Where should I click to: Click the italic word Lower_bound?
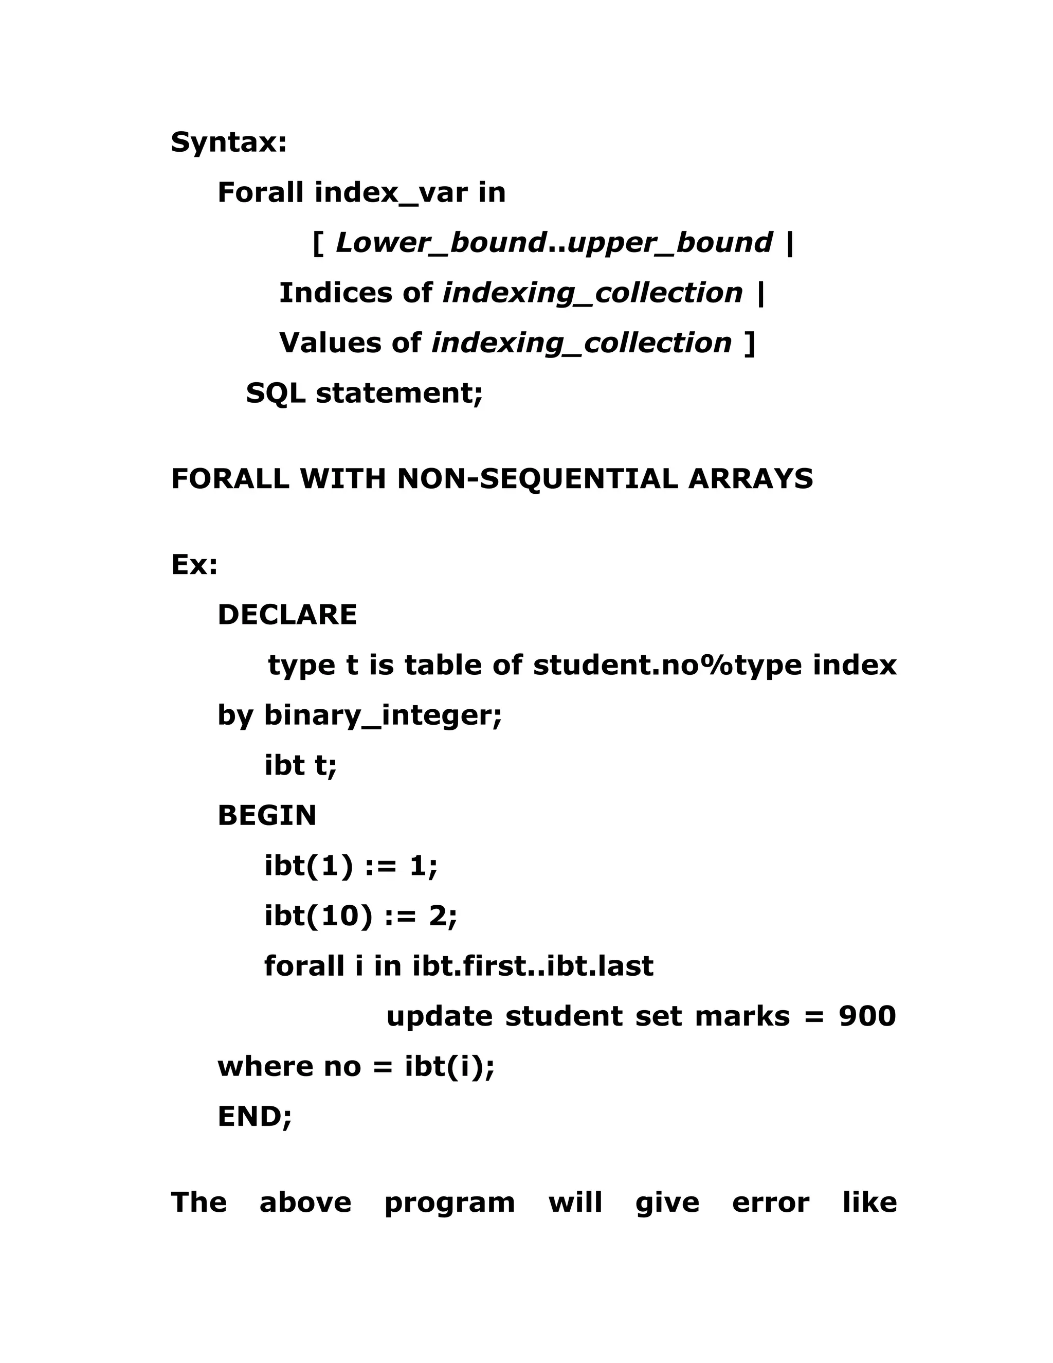[x=441, y=243]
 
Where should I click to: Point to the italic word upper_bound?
[x=669, y=243]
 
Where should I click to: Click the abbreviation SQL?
[x=275, y=393]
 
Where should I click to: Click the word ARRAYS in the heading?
[x=751, y=479]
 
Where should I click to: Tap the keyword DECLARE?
[x=287, y=615]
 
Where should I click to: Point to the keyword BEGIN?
[x=267, y=816]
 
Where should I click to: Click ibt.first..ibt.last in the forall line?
[x=533, y=966]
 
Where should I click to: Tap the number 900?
[x=867, y=1016]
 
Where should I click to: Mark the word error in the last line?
[x=770, y=1203]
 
